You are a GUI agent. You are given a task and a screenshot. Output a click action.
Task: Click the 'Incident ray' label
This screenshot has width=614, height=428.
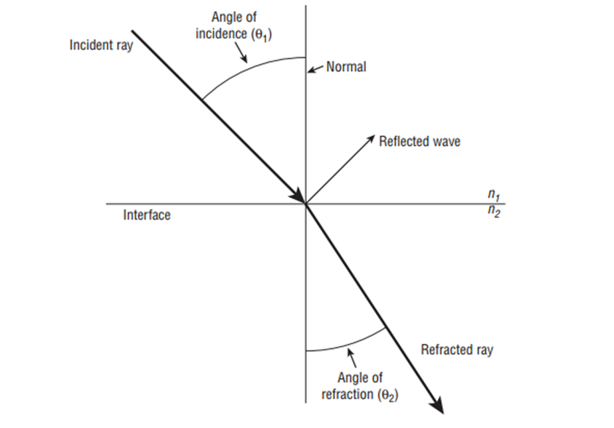pyautogui.click(x=101, y=46)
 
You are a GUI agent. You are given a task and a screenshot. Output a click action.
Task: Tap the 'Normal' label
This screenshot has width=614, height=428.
pyautogui.click(x=346, y=67)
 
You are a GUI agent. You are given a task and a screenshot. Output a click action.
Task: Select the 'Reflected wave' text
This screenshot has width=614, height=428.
pyautogui.click(x=419, y=141)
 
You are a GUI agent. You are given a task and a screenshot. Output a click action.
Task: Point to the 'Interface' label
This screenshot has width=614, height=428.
pyautogui.click(x=147, y=215)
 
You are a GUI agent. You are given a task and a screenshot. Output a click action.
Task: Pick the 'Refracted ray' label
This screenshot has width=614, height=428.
pyautogui.click(x=457, y=350)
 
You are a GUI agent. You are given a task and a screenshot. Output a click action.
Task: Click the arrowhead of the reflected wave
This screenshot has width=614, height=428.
pyautogui.click(x=371, y=138)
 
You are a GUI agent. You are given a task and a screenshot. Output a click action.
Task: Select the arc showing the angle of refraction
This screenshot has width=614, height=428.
pyautogui.click(x=346, y=344)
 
